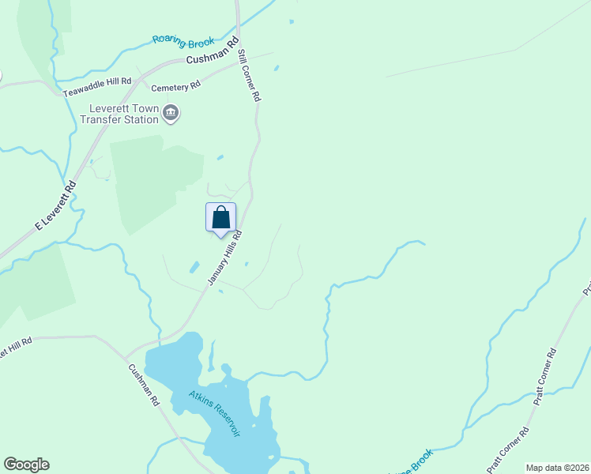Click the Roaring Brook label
tap(184, 39)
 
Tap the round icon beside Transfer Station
tap(171, 115)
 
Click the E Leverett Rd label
tap(55, 206)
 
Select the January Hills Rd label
tap(224, 258)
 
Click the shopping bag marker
tap(221, 217)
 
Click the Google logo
tap(26, 465)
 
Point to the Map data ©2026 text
tap(558, 468)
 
